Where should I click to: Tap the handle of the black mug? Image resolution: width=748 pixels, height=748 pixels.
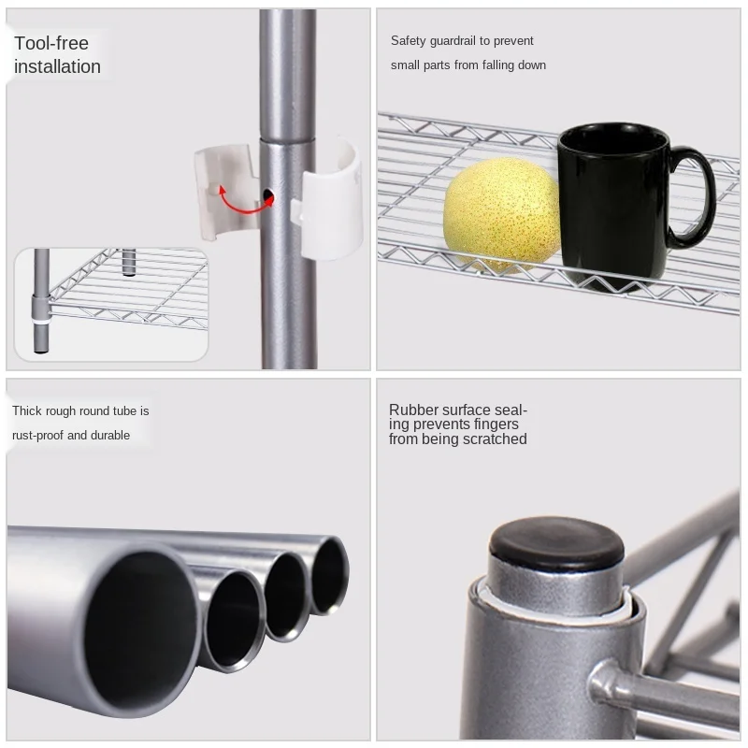click(x=692, y=197)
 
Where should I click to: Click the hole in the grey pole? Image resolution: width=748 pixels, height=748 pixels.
click(x=269, y=195)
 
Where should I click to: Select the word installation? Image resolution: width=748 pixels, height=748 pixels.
click(x=57, y=67)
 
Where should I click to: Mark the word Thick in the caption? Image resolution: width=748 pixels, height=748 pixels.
click(x=28, y=411)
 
